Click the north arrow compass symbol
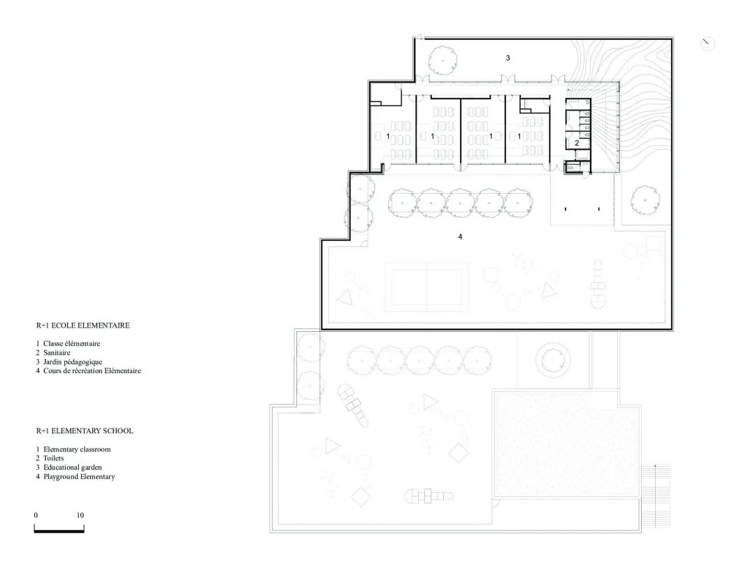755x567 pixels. [707, 43]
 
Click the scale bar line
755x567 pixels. [59, 532]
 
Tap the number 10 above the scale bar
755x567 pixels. [80, 515]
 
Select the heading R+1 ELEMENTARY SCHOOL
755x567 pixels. [85, 431]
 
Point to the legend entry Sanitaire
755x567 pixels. [56, 353]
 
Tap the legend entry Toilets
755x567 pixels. [52, 458]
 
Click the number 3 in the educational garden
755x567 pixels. [508, 58]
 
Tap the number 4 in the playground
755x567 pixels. [460, 237]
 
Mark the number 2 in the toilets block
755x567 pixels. [577, 143]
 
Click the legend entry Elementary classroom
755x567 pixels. [77, 449]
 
